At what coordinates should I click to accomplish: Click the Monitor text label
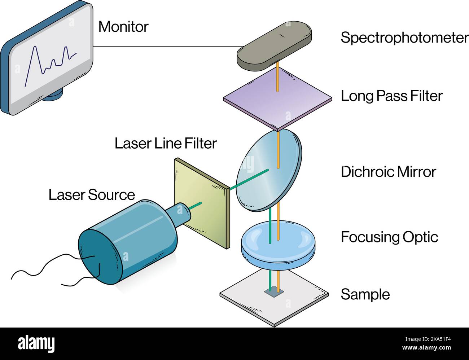(x=123, y=27)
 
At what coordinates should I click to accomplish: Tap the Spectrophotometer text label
(x=404, y=38)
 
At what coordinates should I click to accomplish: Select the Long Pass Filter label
(x=391, y=96)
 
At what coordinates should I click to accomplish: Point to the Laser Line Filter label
(x=166, y=144)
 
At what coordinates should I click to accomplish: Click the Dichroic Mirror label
(x=388, y=172)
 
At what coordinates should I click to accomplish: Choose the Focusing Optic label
(x=389, y=237)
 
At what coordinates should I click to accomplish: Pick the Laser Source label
(x=92, y=195)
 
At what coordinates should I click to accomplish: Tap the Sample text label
(x=365, y=294)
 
